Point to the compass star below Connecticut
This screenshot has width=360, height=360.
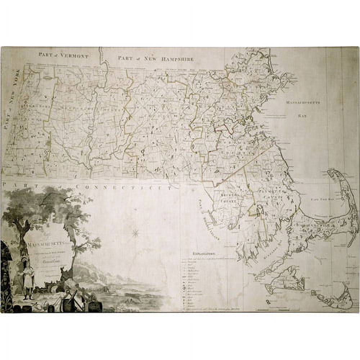pyautogui.click(x=135, y=233)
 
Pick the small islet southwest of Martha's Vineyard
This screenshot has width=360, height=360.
pyautogui.click(x=267, y=301)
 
